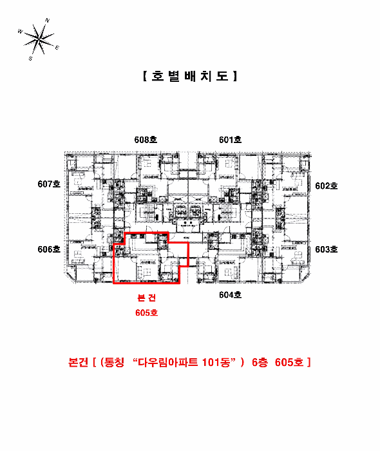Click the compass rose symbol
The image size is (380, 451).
(x=39, y=40)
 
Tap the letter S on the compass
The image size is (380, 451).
(x=30, y=58)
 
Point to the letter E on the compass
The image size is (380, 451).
(x=57, y=48)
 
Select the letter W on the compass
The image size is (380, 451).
(x=20, y=31)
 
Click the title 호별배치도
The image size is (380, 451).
(x=189, y=75)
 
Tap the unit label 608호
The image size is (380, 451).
(x=146, y=139)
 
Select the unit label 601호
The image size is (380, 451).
(x=230, y=139)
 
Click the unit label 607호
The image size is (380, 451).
(x=48, y=184)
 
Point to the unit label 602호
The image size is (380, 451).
(x=327, y=186)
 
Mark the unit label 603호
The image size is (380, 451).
(x=327, y=249)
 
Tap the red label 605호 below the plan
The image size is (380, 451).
(x=146, y=312)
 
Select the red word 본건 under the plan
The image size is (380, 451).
(x=146, y=298)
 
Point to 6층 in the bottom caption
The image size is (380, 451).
(x=260, y=362)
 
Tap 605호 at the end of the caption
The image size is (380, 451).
(x=289, y=362)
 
